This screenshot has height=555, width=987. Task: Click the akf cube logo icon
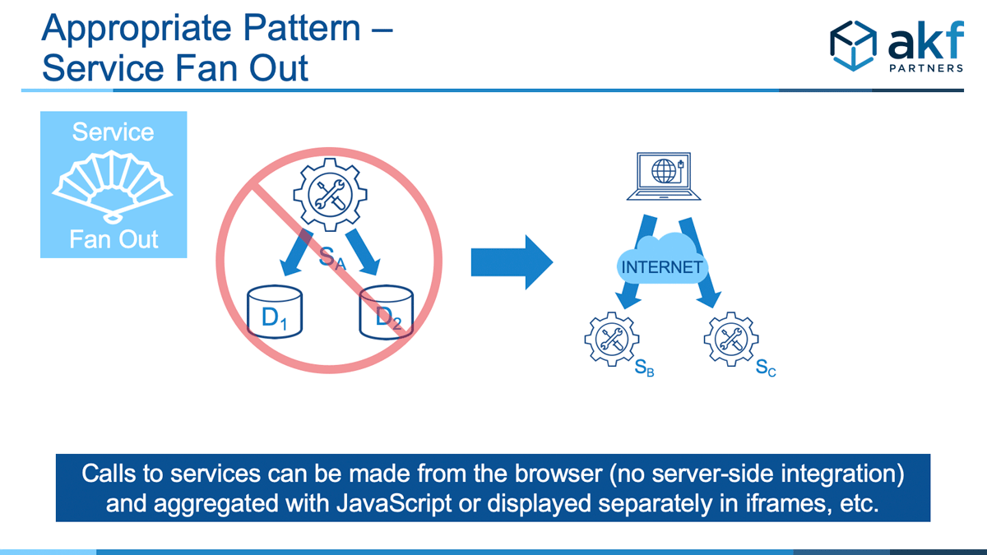click(853, 46)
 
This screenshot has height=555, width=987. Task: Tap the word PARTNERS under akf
click(926, 68)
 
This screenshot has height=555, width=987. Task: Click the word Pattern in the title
click(302, 28)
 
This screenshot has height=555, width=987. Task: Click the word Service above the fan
click(114, 132)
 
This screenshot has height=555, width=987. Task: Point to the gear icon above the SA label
click(330, 195)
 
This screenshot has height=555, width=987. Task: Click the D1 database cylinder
click(275, 312)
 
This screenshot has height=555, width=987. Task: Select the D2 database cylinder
click(387, 312)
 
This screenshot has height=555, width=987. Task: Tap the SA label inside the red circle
click(332, 258)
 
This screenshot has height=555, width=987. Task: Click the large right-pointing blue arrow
click(512, 262)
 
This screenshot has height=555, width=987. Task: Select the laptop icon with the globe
click(664, 176)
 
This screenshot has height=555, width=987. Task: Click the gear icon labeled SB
click(612, 339)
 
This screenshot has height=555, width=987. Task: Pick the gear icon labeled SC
click(731, 339)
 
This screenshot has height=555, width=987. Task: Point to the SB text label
click(644, 368)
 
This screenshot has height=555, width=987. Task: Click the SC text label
click(766, 368)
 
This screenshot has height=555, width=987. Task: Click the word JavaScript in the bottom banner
click(394, 503)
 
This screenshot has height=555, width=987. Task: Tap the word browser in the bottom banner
click(558, 474)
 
